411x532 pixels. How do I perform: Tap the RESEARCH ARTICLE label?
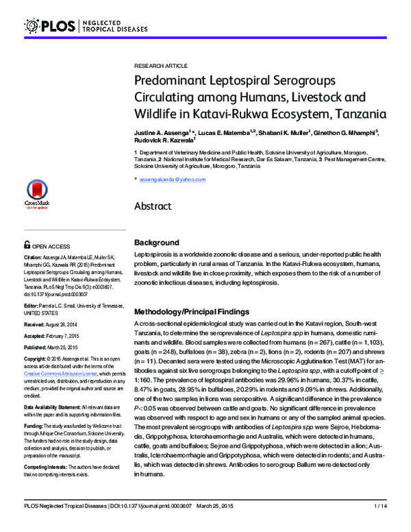tap(160, 65)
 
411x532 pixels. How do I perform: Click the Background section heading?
tap(156, 243)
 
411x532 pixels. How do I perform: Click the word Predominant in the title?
tap(171, 80)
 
